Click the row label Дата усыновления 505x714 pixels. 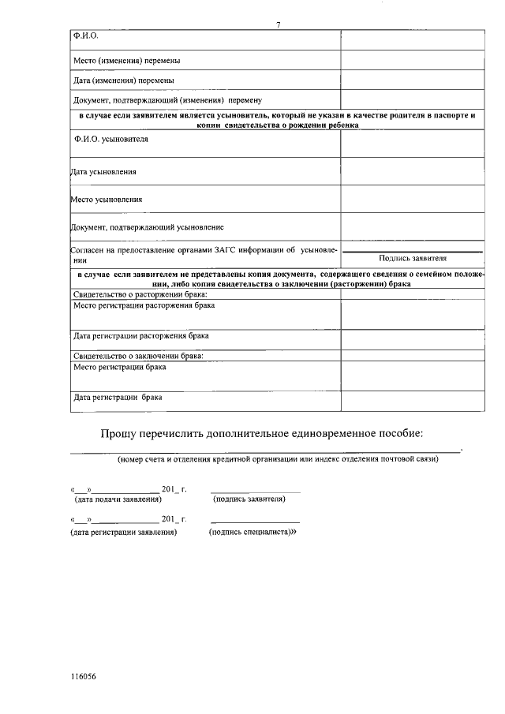tap(103, 171)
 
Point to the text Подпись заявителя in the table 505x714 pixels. tap(413, 258)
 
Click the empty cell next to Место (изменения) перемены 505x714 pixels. tap(413, 60)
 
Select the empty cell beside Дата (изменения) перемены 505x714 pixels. tap(413, 80)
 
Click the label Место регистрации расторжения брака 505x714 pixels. tap(144, 305)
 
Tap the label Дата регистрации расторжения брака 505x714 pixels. tap(141, 335)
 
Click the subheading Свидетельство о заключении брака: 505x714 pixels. tap(138, 357)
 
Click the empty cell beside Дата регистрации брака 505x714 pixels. tap(413, 398)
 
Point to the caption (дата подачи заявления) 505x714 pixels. tap(118, 499)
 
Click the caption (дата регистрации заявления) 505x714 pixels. tap(123, 533)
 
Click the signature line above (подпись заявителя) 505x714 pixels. tap(256, 492)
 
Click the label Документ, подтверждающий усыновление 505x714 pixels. tap(148, 227)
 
